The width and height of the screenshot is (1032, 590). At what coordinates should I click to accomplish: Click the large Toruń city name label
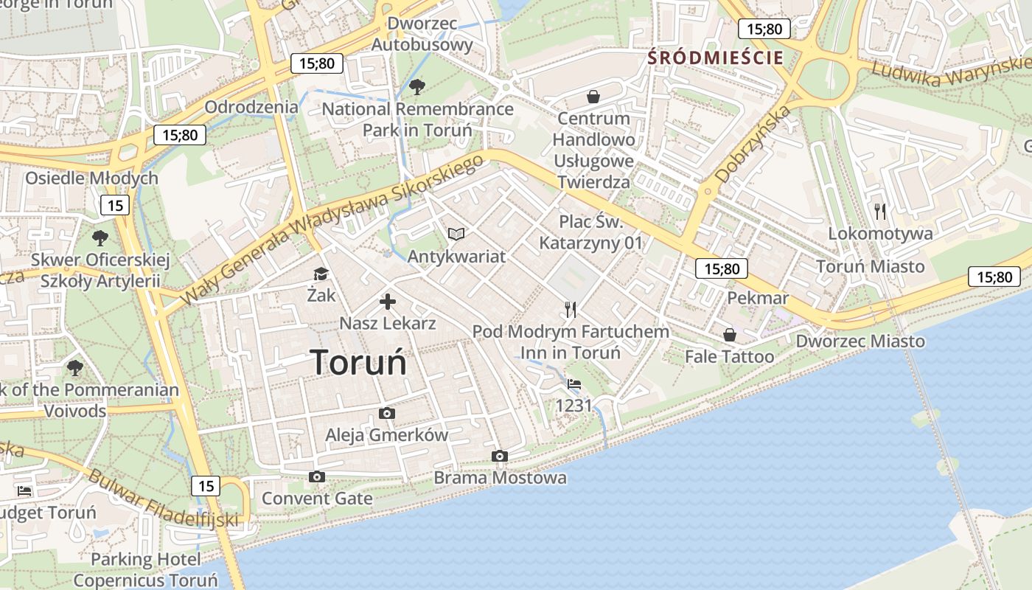(358, 362)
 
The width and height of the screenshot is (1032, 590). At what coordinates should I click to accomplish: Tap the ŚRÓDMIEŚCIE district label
(715, 58)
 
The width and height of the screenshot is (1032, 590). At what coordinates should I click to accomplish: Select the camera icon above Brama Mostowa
(500, 456)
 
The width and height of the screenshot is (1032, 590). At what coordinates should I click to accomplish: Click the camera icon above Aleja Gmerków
(386, 413)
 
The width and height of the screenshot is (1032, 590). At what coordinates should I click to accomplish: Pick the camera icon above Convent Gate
(317, 476)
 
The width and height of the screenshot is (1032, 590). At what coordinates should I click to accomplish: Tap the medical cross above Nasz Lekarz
(388, 301)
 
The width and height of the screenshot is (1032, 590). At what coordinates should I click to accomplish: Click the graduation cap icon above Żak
(321, 274)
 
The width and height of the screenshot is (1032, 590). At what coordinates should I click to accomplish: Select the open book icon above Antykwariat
(456, 234)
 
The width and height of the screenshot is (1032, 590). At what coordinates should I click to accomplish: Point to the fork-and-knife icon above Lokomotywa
(879, 212)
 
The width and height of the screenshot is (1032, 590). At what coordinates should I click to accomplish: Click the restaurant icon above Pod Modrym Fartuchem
(570, 309)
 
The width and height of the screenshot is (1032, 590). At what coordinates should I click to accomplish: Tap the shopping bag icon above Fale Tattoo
(729, 335)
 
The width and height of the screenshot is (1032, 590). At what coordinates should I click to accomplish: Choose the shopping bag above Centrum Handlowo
(593, 96)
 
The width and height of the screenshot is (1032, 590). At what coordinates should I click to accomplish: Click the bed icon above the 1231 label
(573, 383)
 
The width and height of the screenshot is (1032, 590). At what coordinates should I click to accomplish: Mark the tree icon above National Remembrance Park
(416, 87)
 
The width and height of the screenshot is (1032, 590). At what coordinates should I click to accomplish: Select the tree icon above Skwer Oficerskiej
(100, 237)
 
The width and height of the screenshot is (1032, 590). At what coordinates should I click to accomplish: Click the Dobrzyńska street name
(753, 144)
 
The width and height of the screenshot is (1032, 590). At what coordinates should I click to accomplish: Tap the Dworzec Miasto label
(860, 341)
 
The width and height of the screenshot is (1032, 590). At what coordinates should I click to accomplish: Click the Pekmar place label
(758, 298)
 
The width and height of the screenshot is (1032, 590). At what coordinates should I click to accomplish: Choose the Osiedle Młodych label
(91, 178)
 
